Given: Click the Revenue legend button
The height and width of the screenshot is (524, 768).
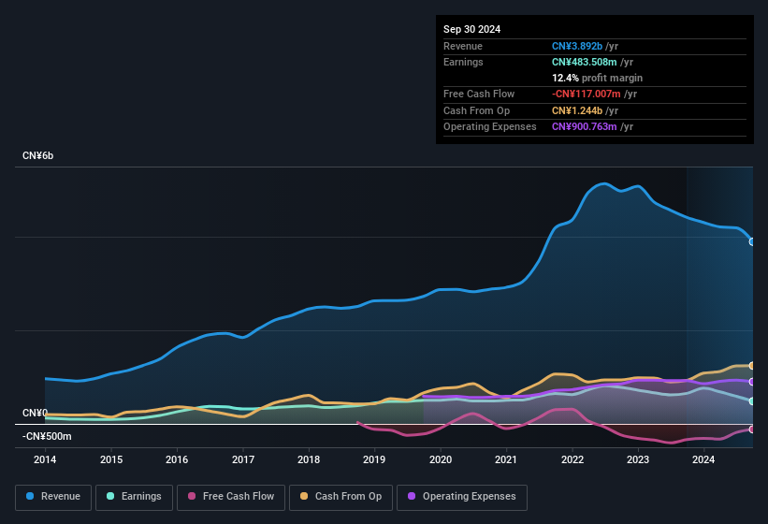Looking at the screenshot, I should [x=53, y=496].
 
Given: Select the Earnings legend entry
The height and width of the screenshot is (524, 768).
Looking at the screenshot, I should [x=134, y=496].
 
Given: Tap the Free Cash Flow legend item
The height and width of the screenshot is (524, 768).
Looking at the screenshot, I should [x=230, y=496].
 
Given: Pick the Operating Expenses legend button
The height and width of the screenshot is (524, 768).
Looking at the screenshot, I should [x=462, y=496].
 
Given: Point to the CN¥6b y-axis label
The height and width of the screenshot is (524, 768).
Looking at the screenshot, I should [x=38, y=155].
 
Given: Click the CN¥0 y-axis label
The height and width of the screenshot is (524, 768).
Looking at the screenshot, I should [x=35, y=413].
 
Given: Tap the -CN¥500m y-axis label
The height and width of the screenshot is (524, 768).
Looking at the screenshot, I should [x=47, y=436].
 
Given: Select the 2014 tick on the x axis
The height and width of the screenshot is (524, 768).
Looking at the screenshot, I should [x=45, y=459].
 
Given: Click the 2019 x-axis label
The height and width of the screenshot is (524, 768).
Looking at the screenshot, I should [x=374, y=459].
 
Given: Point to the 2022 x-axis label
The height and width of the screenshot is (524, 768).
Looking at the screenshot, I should [x=572, y=459].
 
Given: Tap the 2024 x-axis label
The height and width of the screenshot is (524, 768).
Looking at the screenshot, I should [x=703, y=459].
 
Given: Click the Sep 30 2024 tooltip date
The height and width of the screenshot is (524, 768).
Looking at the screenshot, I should [x=471, y=29].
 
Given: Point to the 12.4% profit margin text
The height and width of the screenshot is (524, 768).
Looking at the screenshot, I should [x=597, y=78].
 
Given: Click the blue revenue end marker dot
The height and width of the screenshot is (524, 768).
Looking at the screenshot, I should [x=751, y=241].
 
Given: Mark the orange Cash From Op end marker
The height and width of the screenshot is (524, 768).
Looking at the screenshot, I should [x=751, y=365].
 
